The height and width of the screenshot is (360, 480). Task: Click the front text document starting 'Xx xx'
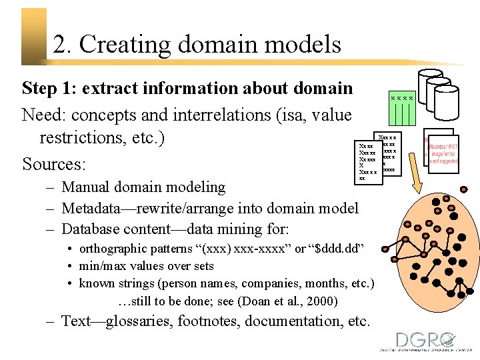pyautogui.click(x=368, y=161)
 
